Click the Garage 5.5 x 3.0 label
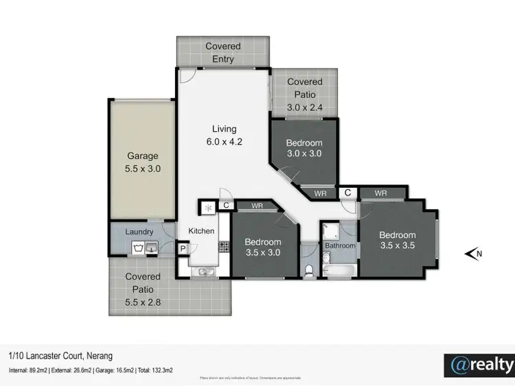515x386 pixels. click(x=142, y=162)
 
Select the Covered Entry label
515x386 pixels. click(x=223, y=53)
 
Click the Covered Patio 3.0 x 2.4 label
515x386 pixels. click(x=304, y=95)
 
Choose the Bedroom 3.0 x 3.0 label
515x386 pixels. click(x=304, y=148)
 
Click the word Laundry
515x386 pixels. click(x=139, y=232)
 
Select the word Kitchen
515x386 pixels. click(x=202, y=231)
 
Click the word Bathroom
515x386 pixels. click(x=340, y=245)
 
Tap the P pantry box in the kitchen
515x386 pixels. click(x=183, y=250)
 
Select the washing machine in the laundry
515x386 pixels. click(x=140, y=247)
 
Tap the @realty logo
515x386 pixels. click(x=479, y=364)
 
